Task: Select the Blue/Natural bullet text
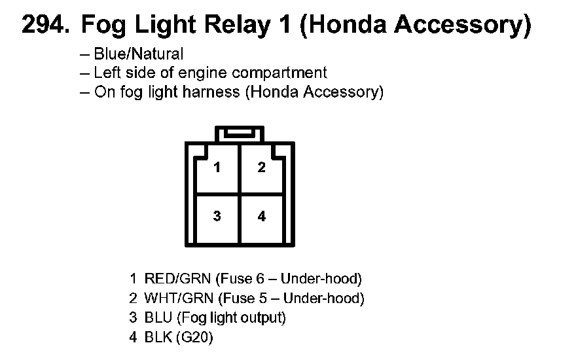[x=138, y=54]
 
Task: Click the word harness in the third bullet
[x=209, y=92]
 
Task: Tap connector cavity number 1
[x=217, y=168]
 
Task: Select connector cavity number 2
[x=262, y=168]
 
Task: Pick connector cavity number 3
[x=217, y=216]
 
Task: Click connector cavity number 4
[x=262, y=216]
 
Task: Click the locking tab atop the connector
[x=240, y=134]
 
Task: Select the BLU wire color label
[x=158, y=318]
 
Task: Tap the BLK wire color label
[x=158, y=338]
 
